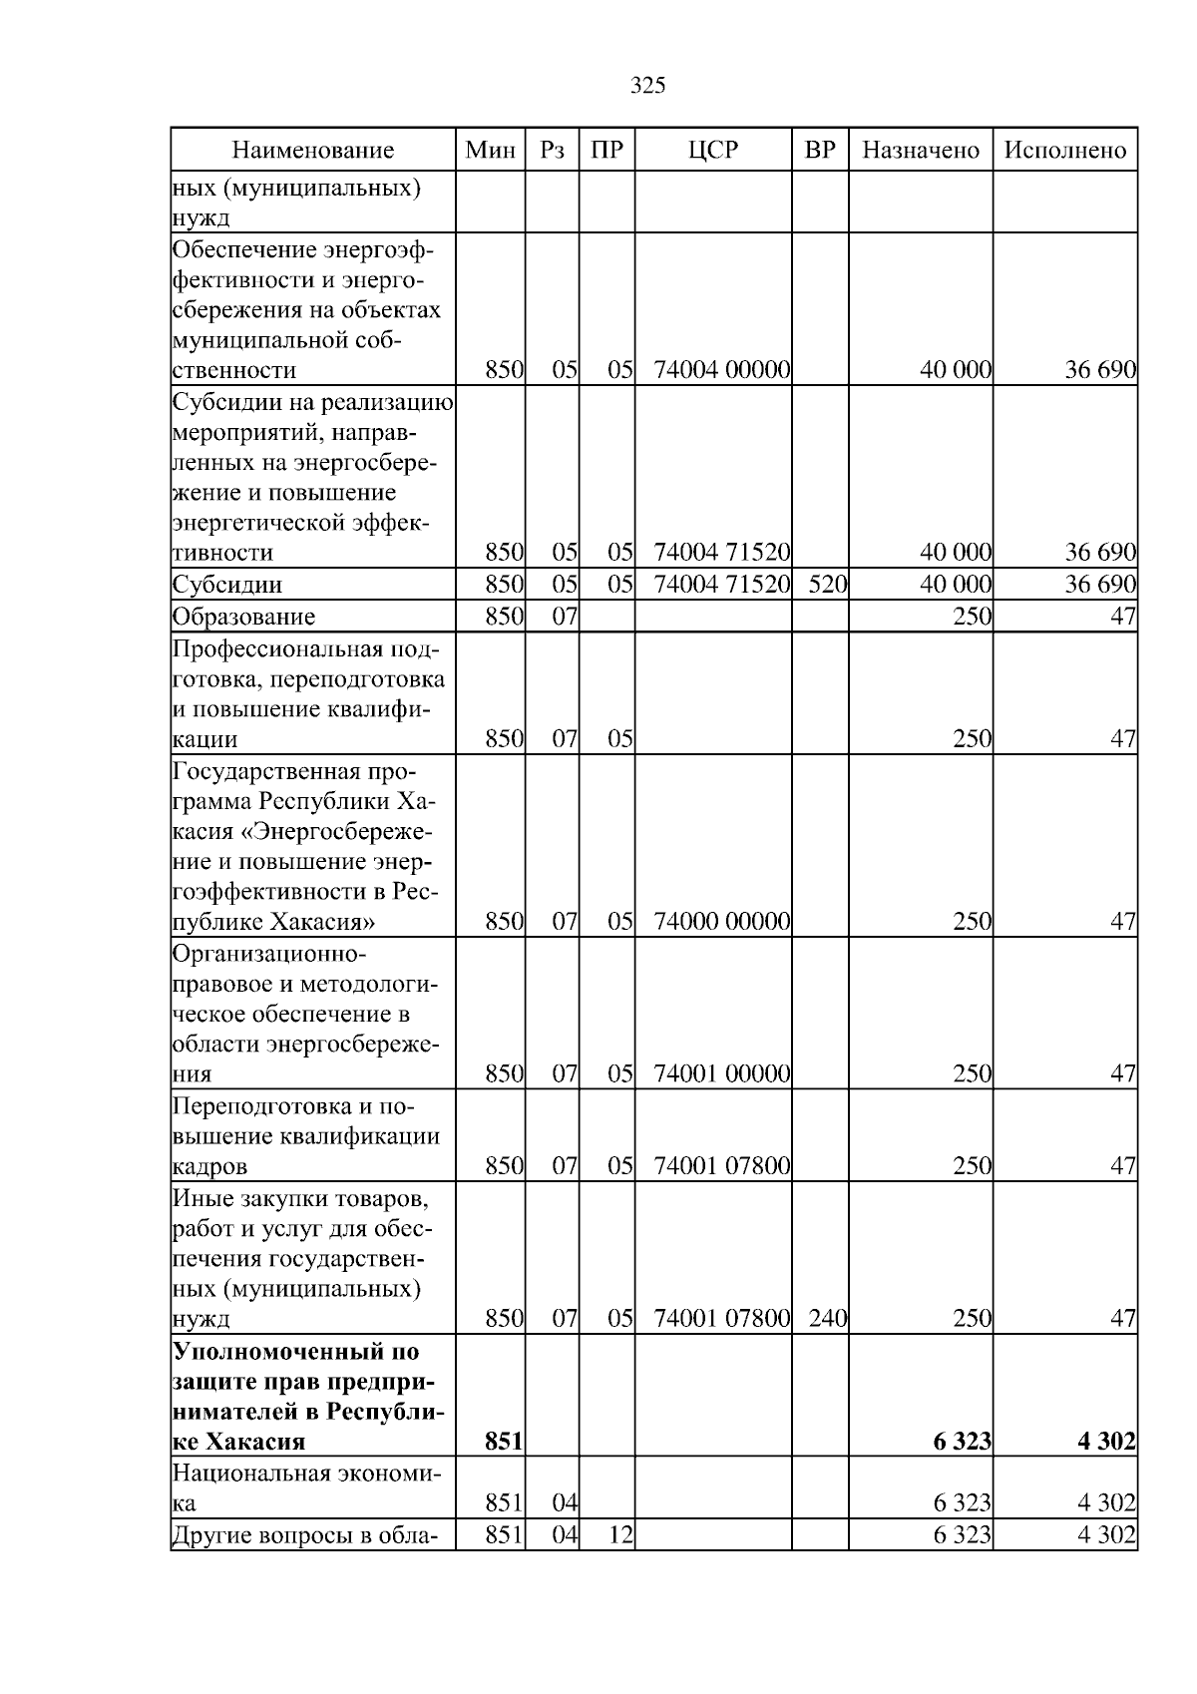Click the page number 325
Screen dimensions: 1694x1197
click(x=647, y=86)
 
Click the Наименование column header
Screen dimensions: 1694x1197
click(x=313, y=151)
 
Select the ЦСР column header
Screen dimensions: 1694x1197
click(x=713, y=151)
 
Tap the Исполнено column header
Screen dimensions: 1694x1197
click(x=1064, y=151)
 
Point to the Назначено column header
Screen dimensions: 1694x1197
click(x=920, y=151)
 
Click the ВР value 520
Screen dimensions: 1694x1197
click(x=827, y=585)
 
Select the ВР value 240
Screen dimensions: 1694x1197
click(x=827, y=1319)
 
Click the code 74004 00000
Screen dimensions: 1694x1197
click(x=721, y=370)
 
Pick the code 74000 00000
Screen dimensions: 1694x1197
click(x=721, y=921)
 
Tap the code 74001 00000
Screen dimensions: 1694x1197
click(x=721, y=1074)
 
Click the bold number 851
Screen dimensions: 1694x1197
click(x=504, y=1442)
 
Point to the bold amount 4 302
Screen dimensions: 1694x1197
click(x=1106, y=1442)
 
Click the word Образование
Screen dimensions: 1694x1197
click(x=243, y=617)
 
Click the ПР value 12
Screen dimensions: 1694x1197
click(x=619, y=1534)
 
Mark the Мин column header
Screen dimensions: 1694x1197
click(x=490, y=151)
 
